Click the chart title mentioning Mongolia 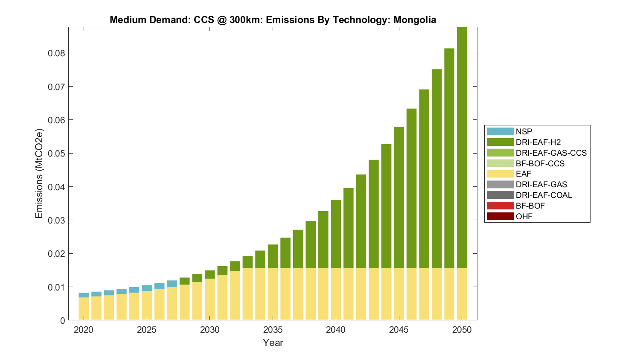[273, 20]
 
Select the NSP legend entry [524, 132]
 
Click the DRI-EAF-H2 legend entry [538, 142]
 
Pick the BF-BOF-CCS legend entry [540, 163]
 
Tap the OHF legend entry [524, 216]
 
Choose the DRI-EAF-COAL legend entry [544, 195]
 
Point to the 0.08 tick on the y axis [57, 53]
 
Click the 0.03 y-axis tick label [57, 220]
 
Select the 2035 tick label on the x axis [273, 330]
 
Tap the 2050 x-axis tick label [462, 330]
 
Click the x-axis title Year [273, 343]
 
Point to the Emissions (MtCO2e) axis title [39, 173]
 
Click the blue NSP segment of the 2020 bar [84, 295]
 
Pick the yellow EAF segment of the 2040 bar [336, 294]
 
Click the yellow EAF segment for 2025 [147, 305]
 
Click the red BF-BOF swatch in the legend [500, 206]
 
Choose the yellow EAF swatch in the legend [500, 174]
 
